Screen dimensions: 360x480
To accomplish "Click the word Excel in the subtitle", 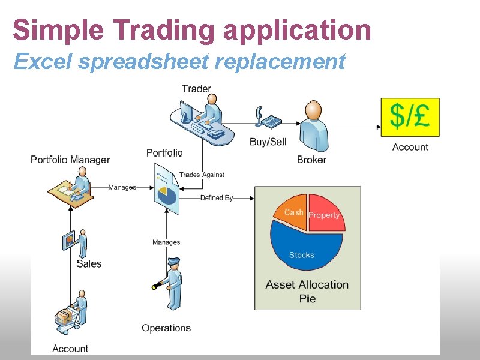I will point(36,61).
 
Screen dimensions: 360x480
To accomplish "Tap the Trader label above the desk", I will point(196,89).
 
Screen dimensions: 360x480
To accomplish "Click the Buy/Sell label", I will point(268,142).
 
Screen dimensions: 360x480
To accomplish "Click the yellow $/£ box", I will point(410,117).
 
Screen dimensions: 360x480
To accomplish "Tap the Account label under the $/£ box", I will point(410,147).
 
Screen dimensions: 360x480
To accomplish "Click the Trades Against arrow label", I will point(202,175).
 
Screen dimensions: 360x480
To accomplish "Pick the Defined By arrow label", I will point(217,197).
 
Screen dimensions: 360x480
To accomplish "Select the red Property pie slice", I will point(325,214).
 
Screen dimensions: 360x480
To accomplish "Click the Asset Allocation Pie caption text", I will point(307,291).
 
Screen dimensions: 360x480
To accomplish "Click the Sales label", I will point(89,263).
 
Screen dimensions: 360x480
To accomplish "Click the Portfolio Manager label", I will point(70,160).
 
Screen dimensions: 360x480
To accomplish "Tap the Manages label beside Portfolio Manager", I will point(122,187).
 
